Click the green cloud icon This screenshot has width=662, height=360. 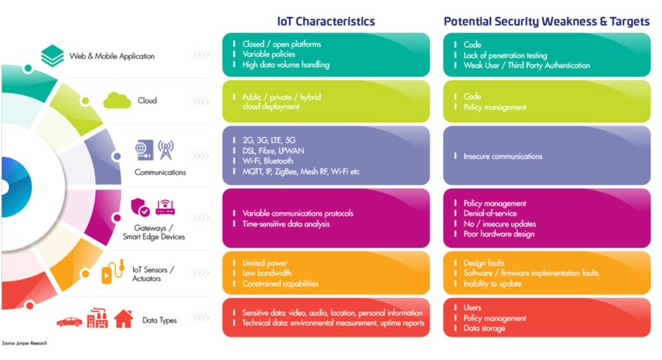117,100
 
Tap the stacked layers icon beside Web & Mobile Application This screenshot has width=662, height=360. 52,56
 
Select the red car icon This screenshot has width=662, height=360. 70,322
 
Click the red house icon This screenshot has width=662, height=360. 123,319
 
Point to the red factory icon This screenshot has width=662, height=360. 98,318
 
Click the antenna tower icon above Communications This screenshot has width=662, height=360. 166,150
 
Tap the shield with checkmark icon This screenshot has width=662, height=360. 140,207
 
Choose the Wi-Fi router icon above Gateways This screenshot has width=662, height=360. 165,207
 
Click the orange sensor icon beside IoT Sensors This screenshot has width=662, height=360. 112,271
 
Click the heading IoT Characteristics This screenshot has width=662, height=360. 326,21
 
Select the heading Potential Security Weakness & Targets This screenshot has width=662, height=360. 546,21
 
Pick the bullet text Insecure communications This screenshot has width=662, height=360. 503,156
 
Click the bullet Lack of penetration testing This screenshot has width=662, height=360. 505,56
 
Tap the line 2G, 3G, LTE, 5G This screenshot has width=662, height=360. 269,140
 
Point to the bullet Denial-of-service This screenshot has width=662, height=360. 490,213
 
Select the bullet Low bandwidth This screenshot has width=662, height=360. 267,273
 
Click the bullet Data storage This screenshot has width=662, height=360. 484,328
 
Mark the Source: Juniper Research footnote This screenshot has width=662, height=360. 25,343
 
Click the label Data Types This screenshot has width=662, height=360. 160,321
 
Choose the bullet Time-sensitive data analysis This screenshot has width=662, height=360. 286,224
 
